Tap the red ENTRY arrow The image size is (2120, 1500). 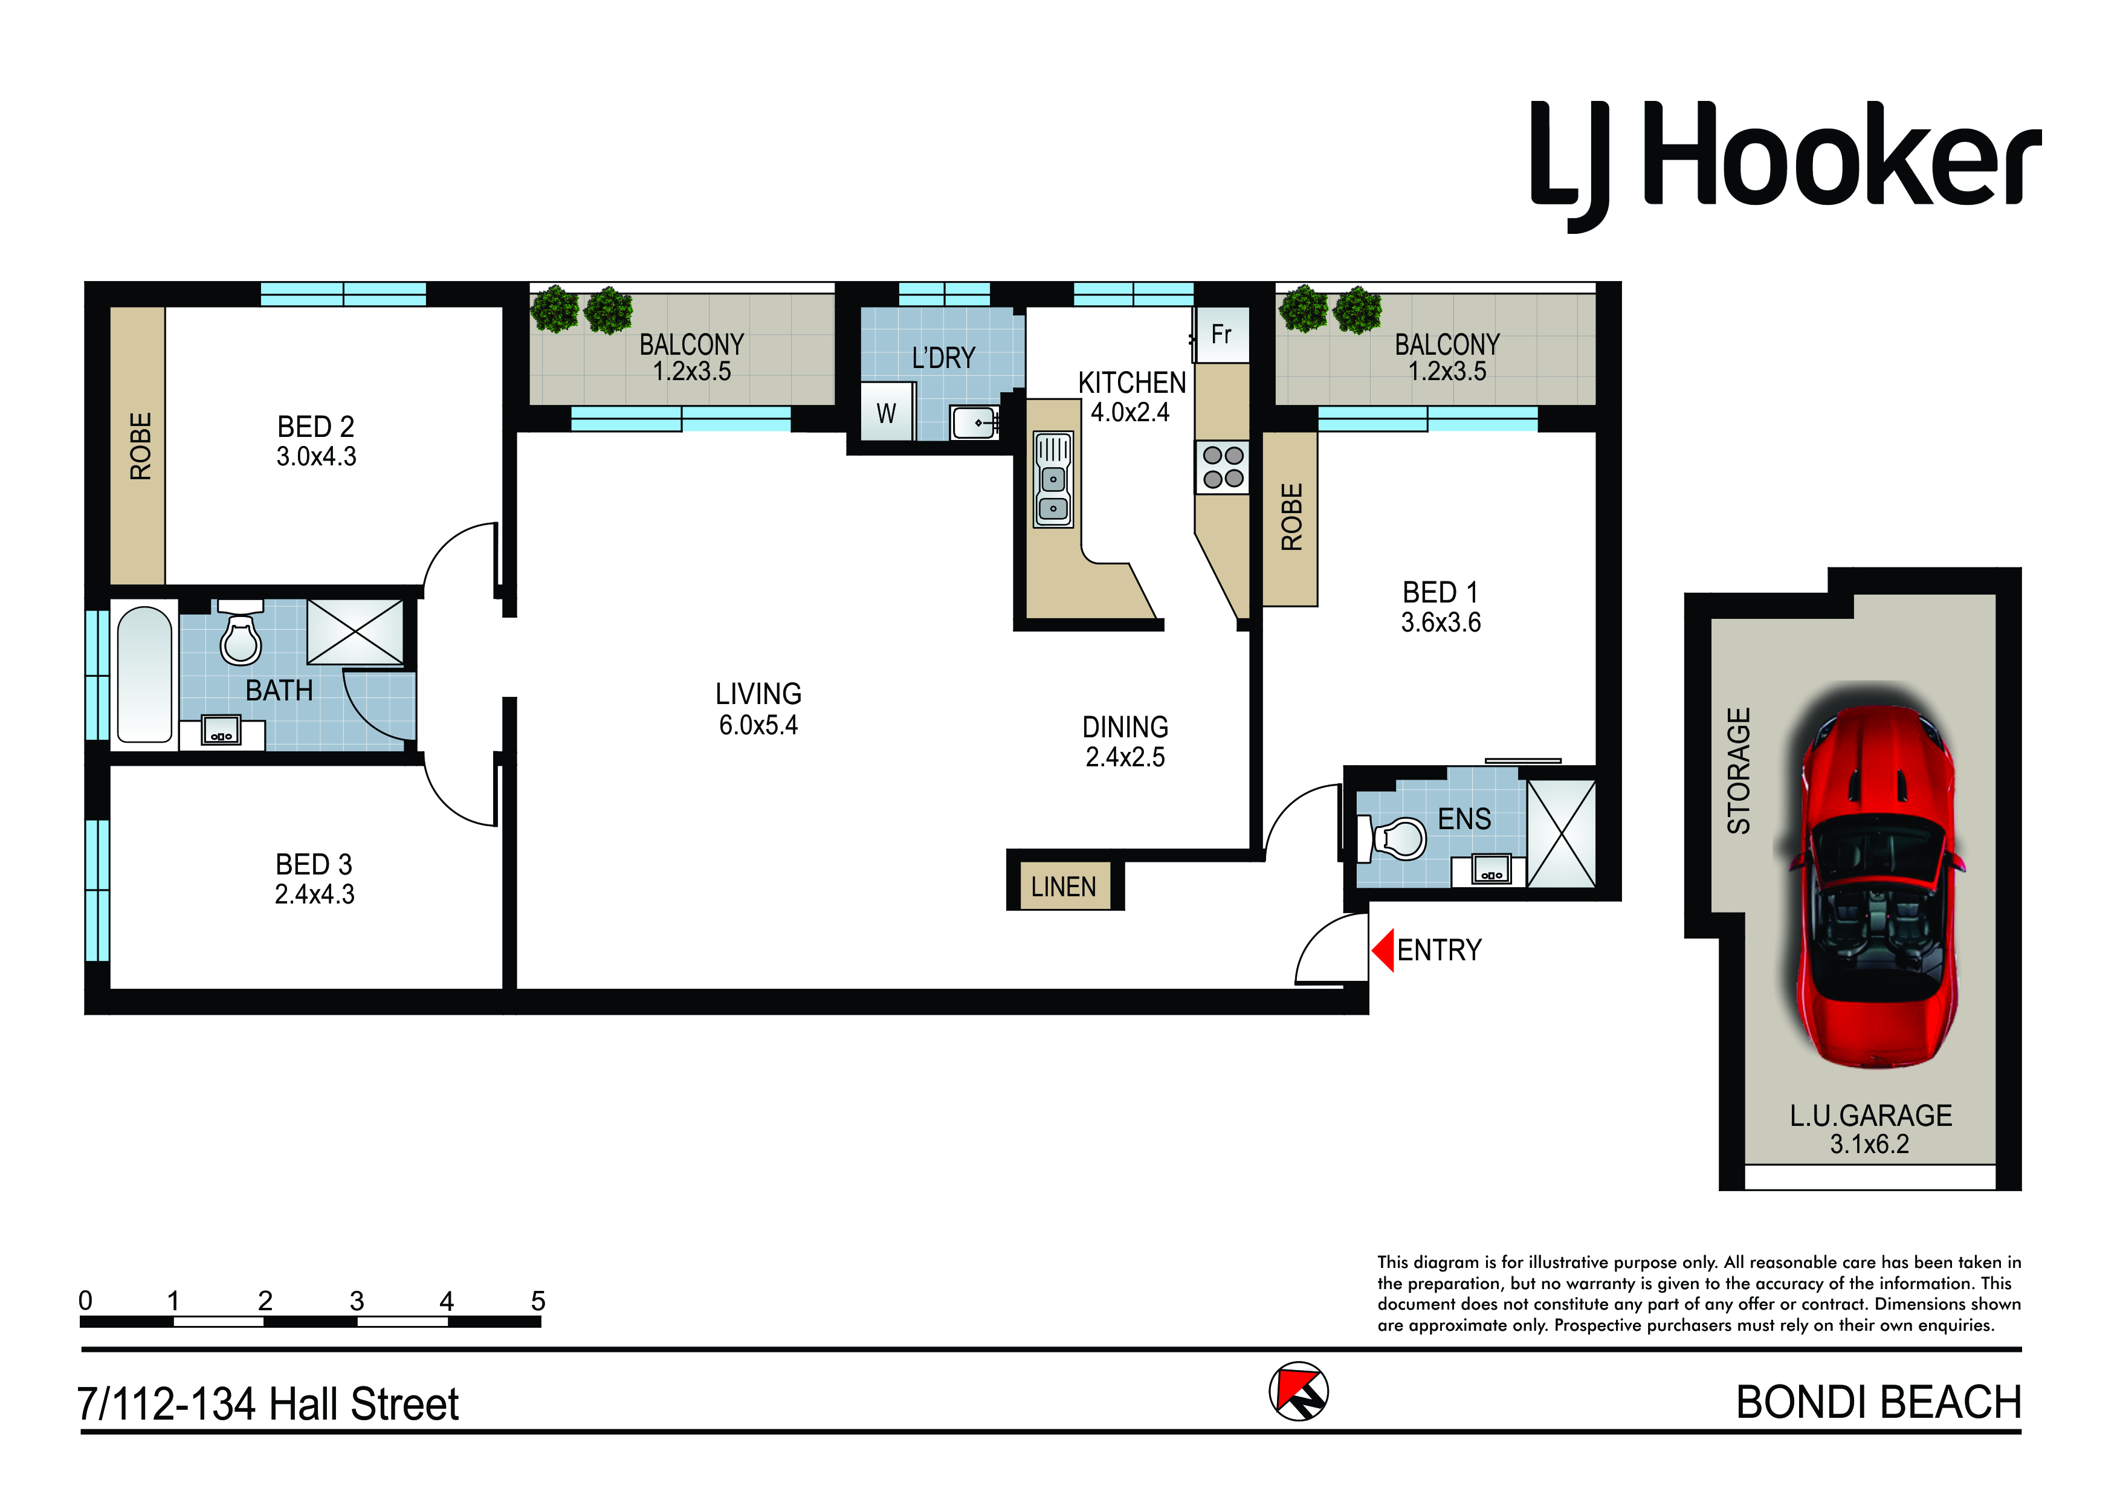[x=1383, y=951]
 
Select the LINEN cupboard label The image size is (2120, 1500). [x=1064, y=887]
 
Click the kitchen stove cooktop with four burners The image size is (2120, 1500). [x=1223, y=467]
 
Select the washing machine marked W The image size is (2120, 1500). [x=887, y=412]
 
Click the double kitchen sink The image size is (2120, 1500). [x=1053, y=479]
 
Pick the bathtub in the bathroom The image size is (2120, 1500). [x=145, y=674]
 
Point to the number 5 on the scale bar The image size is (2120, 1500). [x=538, y=1301]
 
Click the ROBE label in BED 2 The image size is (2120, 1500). [x=140, y=446]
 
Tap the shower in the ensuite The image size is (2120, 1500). [x=1562, y=834]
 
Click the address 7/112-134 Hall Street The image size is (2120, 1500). [x=268, y=1404]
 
